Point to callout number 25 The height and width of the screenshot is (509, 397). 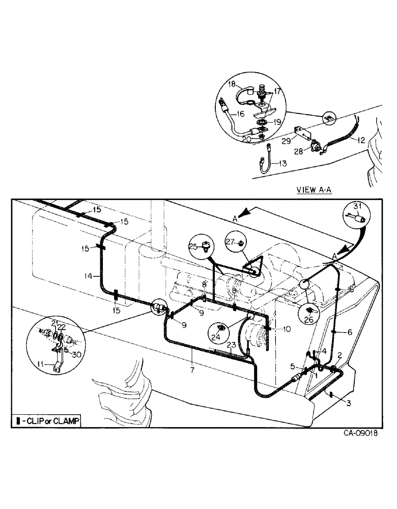[x=193, y=246]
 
